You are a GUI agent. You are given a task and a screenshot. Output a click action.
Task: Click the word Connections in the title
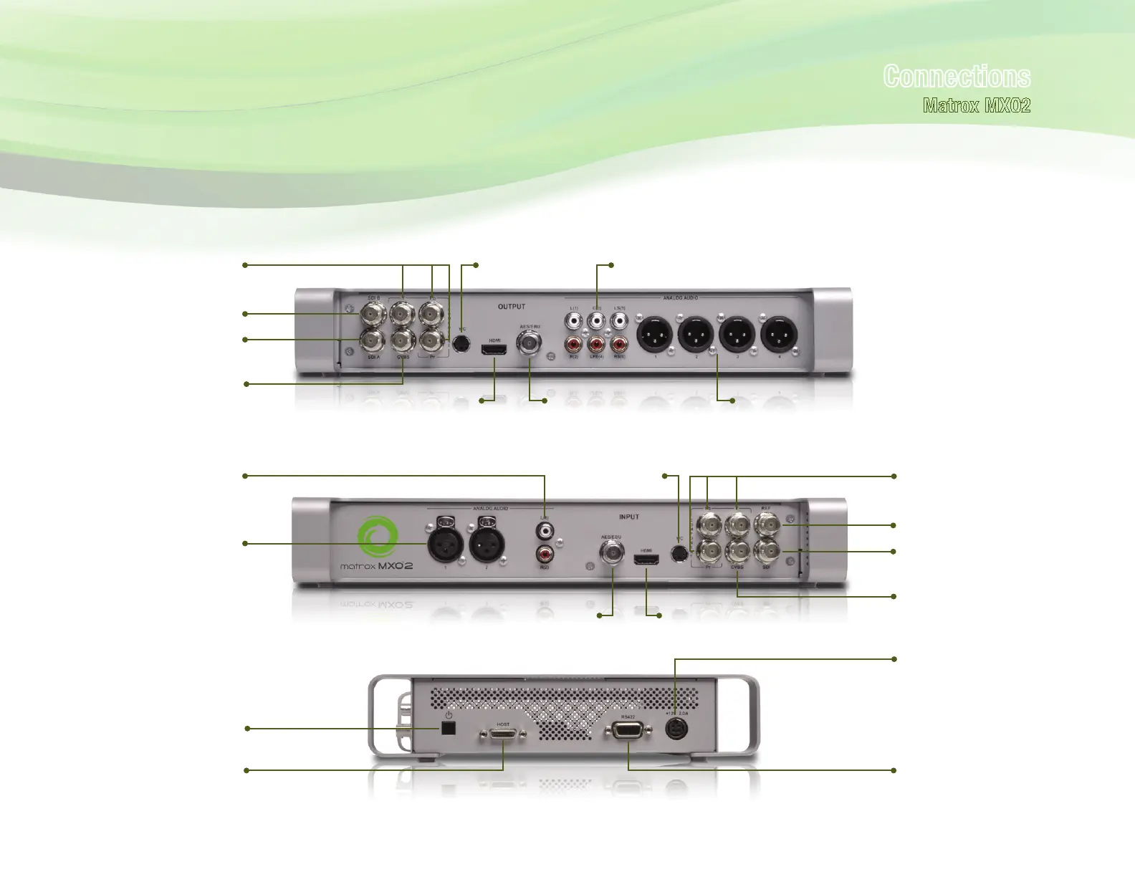coord(957,76)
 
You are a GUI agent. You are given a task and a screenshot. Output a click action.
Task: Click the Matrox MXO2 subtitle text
coord(977,106)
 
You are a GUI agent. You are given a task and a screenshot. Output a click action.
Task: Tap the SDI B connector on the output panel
coord(373,313)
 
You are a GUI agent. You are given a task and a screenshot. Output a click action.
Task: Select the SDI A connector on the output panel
coord(373,339)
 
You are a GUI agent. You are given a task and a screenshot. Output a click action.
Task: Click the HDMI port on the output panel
coord(494,350)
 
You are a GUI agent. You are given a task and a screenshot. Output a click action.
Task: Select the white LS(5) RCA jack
coord(619,320)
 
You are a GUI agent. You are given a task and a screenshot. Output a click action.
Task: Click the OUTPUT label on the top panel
coord(512,307)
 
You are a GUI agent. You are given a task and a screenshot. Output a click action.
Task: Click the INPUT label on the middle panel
coord(628,517)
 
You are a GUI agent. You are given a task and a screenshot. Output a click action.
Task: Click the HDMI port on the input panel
coord(646,560)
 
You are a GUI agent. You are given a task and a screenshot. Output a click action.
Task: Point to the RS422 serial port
coord(628,731)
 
